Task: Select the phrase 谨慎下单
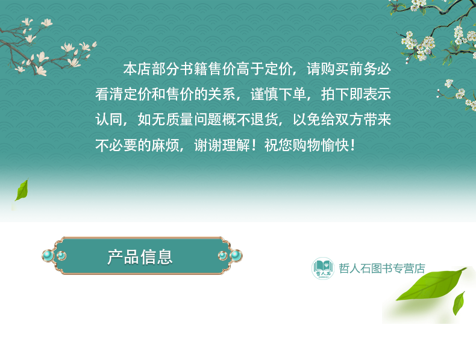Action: [x=278, y=95]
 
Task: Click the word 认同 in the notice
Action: [x=109, y=119]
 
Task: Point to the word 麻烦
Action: [x=166, y=145]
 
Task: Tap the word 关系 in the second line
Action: [x=222, y=95]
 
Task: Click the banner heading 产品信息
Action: [x=140, y=257]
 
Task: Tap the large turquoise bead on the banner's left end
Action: [x=48, y=256]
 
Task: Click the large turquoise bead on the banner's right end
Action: [x=236, y=256]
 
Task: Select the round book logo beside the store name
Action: [x=323, y=268]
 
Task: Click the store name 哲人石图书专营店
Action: [x=382, y=268]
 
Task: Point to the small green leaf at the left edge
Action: [x=22, y=190]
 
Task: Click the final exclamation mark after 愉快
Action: [x=352, y=145]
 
